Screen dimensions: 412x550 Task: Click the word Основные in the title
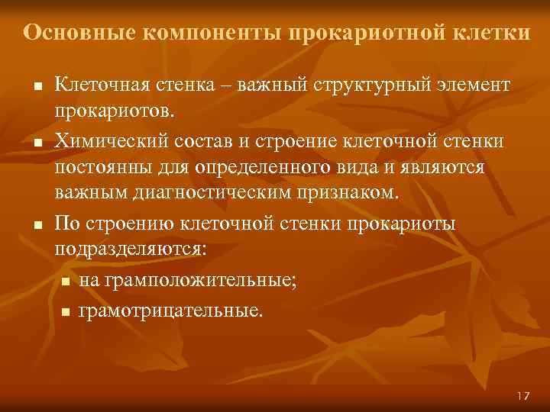point(70,33)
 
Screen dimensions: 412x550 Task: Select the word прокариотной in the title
point(357,33)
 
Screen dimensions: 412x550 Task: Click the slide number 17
point(522,396)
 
